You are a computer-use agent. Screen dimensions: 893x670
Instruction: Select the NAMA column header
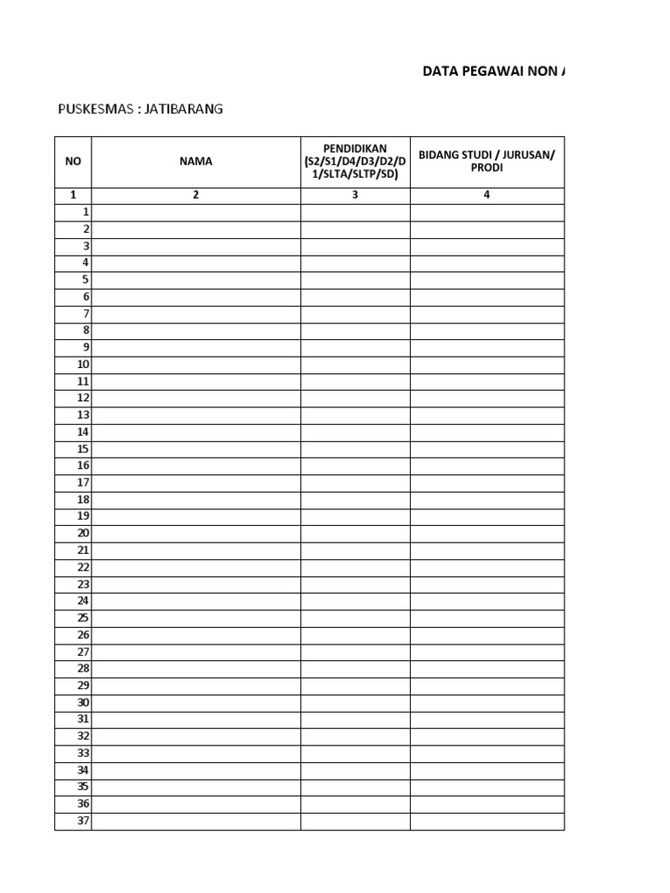tap(196, 161)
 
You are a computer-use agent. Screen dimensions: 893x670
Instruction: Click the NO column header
tap(73, 161)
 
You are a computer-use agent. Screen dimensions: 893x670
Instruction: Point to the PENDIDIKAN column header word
tap(355, 149)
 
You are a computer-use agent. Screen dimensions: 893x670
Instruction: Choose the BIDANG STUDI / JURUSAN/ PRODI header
tap(487, 161)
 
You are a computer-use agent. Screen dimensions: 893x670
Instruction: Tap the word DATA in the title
tap(441, 72)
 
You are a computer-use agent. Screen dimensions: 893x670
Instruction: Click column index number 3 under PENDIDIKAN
tap(355, 195)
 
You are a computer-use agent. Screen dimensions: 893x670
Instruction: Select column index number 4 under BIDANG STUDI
tap(487, 195)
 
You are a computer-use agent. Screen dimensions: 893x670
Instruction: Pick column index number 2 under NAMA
tap(196, 195)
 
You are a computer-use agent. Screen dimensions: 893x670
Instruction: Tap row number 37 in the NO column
tap(84, 821)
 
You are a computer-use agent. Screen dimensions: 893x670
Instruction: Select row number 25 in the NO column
tap(84, 617)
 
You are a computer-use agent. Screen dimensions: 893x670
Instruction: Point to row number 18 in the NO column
tap(84, 500)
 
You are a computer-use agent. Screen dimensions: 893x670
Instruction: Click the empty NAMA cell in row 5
tap(196, 280)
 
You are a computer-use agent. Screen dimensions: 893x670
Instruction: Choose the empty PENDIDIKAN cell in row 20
tap(355, 533)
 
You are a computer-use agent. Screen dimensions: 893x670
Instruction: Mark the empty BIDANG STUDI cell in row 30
tap(487, 702)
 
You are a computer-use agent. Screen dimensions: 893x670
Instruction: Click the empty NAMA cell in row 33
tap(196, 753)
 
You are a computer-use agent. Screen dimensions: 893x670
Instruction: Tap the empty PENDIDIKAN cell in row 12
tap(355, 398)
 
